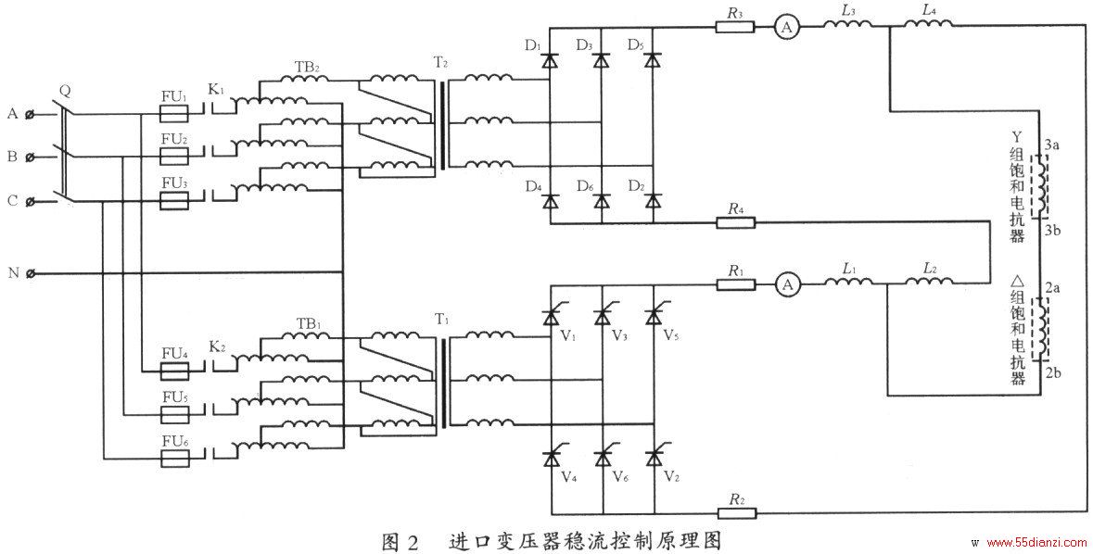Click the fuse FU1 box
[x=174, y=114]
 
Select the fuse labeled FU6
[x=174, y=460]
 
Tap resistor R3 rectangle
[x=735, y=27]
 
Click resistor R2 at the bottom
[x=735, y=514]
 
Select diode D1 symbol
[x=550, y=60]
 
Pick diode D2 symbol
[x=653, y=201]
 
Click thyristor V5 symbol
[x=654, y=315]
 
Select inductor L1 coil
[x=847, y=281]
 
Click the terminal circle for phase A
[x=30, y=114]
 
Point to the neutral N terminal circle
[x=30, y=273]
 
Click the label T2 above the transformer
[x=440, y=63]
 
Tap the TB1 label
[x=308, y=324]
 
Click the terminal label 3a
[x=1052, y=145]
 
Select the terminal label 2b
[x=1052, y=372]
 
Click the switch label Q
[x=65, y=90]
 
